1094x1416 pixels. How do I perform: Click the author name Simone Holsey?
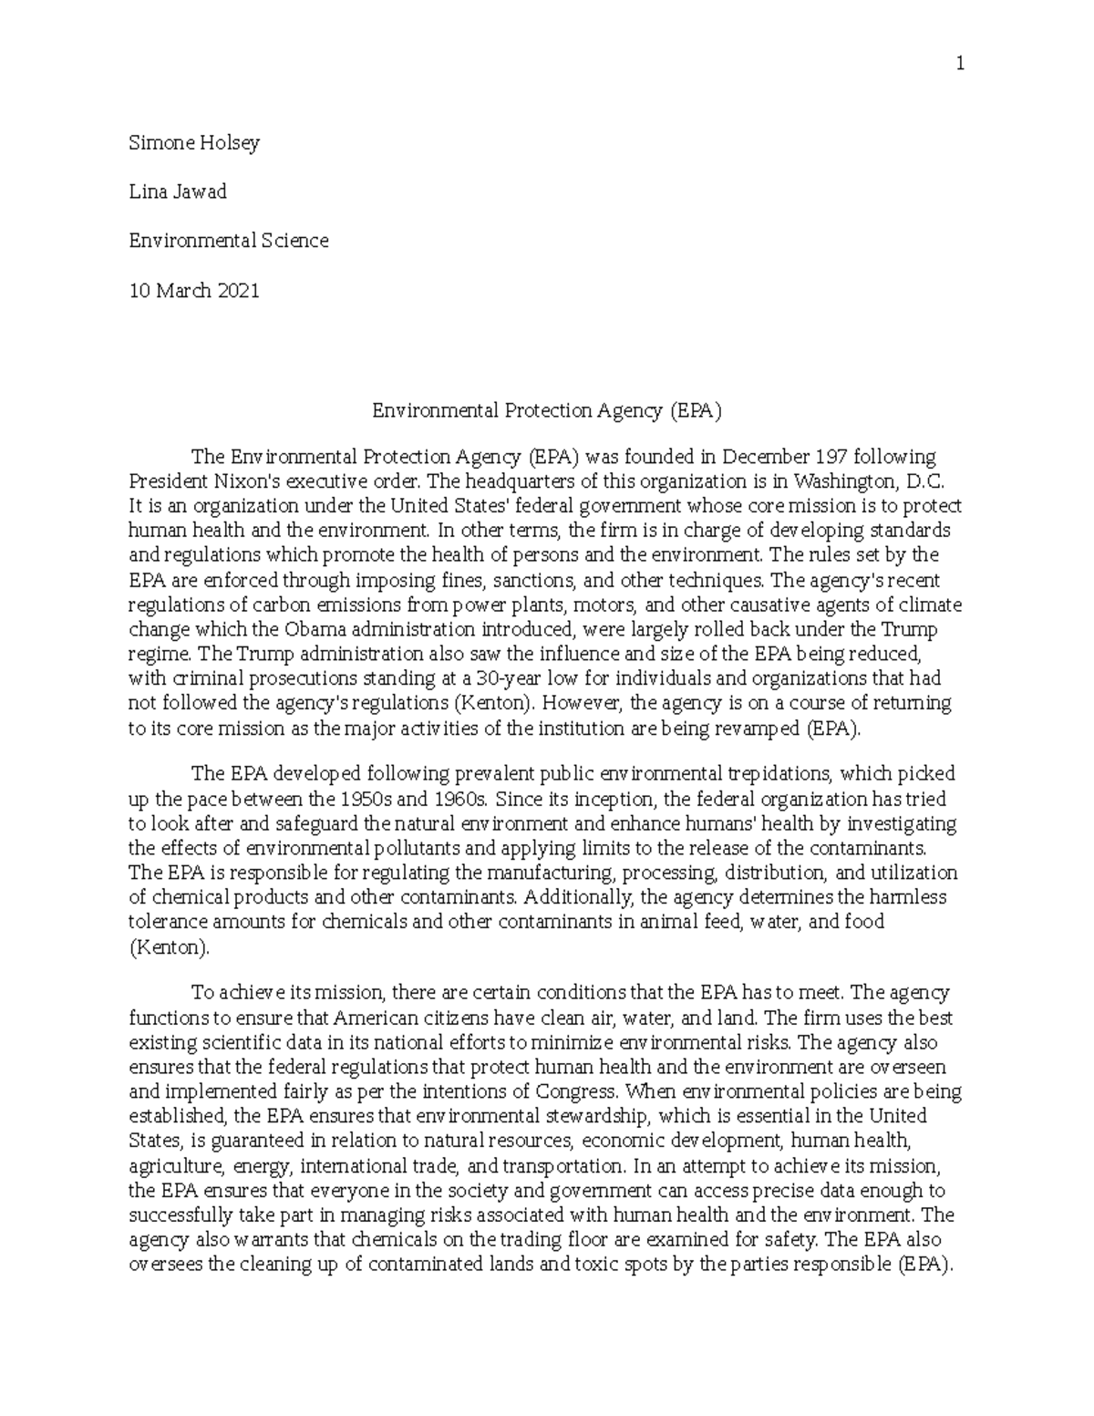click(194, 142)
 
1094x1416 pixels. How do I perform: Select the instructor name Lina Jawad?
click(178, 191)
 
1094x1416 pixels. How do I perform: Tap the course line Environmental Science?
click(228, 241)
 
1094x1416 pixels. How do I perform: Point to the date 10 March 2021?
click(194, 290)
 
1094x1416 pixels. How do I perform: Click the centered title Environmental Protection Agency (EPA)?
click(546, 410)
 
